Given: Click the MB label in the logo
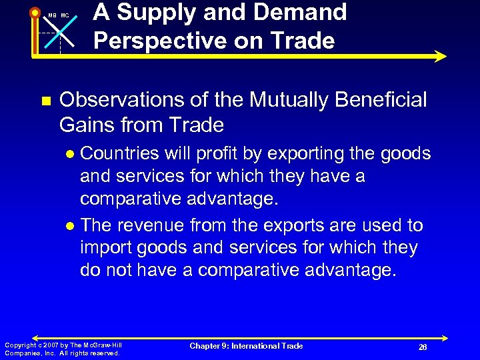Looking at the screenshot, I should click(x=51, y=15).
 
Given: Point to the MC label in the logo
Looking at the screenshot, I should click(x=65, y=15).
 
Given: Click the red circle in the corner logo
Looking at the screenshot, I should click(x=35, y=12).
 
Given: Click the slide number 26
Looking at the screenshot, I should click(x=422, y=347).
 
